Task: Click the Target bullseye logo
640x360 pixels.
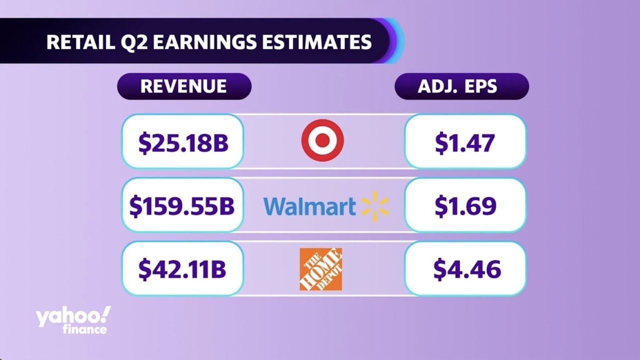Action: [322, 140]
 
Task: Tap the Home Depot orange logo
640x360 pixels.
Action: [320, 269]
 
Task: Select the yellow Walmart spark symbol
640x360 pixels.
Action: [374, 206]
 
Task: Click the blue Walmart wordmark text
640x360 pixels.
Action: [309, 206]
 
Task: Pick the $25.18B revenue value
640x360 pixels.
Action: [183, 143]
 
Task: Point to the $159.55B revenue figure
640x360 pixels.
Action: [182, 206]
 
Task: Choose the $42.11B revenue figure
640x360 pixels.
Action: [182, 269]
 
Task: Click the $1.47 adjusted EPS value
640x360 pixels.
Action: [465, 143]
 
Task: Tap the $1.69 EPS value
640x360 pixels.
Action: [465, 206]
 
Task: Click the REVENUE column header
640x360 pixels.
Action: [183, 86]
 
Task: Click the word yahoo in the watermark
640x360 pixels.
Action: [67, 317]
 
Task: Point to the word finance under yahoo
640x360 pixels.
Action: [85, 329]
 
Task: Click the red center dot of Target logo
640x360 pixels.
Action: [322, 140]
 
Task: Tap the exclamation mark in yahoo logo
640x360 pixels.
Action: [106, 314]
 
